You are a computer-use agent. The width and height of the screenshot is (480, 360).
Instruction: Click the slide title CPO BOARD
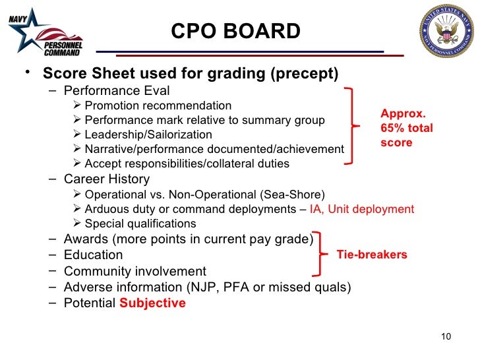pyautogui.click(x=235, y=31)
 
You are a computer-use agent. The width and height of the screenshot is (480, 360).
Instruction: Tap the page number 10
pyautogui.click(x=446, y=338)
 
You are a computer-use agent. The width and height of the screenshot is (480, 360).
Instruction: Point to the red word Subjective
pyautogui.click(x=152, y=303)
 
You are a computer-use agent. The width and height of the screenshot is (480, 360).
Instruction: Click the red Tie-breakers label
pyautogui.click(x=372, y=255)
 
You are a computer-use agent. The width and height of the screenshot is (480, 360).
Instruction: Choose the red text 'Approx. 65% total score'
pyautogui.click(x=406, y=128)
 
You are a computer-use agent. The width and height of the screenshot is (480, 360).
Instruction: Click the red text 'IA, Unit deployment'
pyautogui.click(x=362, y=209)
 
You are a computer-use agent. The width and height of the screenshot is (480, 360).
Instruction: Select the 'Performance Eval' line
pyautogui.click(x=116, y=91)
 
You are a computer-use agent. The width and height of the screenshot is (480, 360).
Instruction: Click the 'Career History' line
pyautogui.click(x=106, y=179)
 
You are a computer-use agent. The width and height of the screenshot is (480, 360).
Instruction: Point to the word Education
pyautogui.click(x=93, y=255)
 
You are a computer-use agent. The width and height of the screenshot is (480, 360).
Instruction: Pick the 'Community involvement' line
pyautogui.click(x=135, y=271)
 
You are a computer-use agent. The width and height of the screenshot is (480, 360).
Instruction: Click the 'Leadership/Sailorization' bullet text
pyautogui.click(x=148, y=135)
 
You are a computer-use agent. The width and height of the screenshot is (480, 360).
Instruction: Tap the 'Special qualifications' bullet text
pyautogui.click(x=140, y=224)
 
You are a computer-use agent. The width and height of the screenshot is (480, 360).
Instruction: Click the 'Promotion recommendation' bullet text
pyautogui.click(x=158, y=105)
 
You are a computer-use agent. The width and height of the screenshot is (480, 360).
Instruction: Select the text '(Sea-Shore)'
pyautogui.click(x=292, y=194)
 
